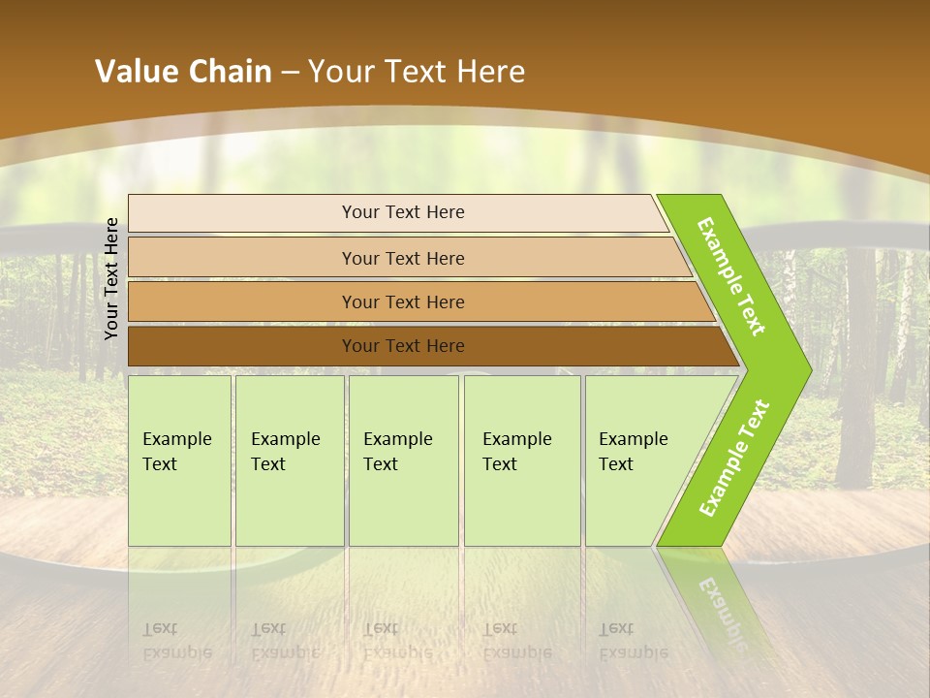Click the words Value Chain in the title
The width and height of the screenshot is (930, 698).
point(183,71)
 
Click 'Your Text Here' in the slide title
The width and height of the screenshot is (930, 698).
point(417,71)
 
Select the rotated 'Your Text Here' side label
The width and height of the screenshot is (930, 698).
point(111,279)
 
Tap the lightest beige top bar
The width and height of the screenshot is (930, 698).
point(242,213)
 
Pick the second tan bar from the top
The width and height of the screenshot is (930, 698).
point(242,258)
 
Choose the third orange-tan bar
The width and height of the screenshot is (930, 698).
point(242,301)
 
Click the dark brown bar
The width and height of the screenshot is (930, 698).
point(242,346)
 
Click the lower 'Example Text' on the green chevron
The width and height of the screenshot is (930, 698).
point(734,459)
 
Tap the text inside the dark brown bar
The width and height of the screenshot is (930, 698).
point(403,346)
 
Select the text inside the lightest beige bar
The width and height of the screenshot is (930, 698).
point(403,212)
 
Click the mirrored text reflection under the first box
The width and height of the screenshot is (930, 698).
point(176,641)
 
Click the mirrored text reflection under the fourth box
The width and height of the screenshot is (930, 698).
point(516,641)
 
